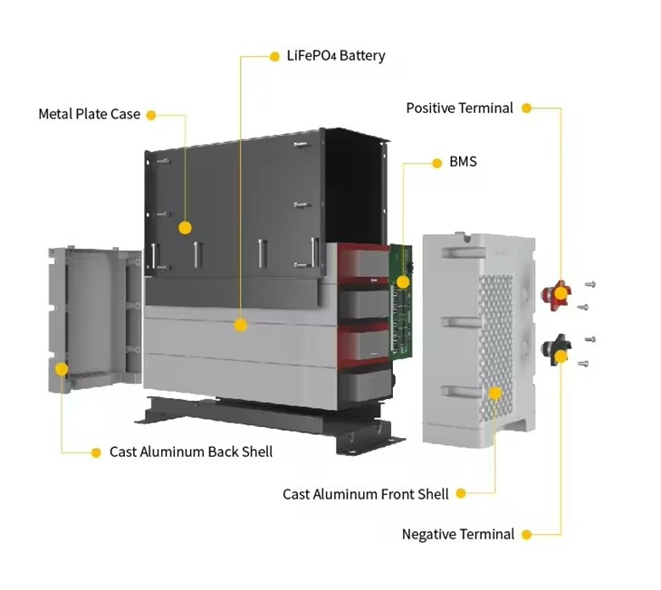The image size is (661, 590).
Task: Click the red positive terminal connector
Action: pos(557,295)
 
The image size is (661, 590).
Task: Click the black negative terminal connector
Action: pos(557,350)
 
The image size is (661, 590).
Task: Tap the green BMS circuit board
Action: pos(400,301)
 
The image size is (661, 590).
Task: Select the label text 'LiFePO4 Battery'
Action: pos(336,55)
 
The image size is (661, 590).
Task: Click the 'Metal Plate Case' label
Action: pos(90,114)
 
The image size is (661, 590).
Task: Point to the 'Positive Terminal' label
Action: pos(459,108)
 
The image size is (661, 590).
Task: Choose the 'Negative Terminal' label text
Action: pos(458,534)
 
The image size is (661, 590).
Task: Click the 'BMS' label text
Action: pos(463,161)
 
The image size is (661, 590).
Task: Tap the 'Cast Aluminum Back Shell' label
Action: pos(191,452)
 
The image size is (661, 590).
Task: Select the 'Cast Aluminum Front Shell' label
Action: pos(366,494)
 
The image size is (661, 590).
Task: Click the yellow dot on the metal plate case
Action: pos(185,228)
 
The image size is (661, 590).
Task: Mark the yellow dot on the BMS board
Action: pos(403,282)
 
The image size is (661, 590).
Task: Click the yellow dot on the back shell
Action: pos(62,369)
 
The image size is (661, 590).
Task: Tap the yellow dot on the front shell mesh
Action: pos(495,394)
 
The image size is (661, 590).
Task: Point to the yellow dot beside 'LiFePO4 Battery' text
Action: pos(274,56)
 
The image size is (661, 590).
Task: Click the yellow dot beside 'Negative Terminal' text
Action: pos(526,535)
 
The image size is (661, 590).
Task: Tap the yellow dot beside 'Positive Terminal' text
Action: pos(526,109)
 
